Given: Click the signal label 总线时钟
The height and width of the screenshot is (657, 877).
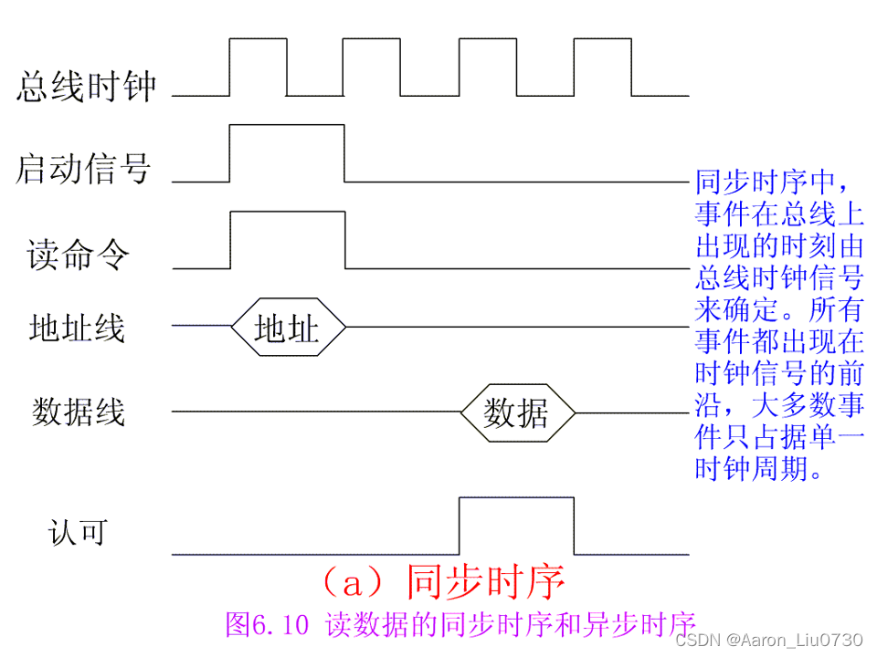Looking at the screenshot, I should tap(87, 88).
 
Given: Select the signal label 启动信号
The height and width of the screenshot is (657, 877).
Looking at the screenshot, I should tap(83, 170).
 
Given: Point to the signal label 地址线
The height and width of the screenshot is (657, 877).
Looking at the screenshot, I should tap(77, 328).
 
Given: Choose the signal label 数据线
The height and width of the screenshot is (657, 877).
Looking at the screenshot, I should tap(78, 412).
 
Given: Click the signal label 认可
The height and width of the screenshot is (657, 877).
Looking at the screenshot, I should tap(77, 532).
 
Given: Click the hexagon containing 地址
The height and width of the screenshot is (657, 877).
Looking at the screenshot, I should tap(288, 328).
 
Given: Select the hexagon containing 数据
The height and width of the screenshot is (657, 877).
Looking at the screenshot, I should tap(517, 413).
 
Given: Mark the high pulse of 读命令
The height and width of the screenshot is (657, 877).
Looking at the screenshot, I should tap(288, 240).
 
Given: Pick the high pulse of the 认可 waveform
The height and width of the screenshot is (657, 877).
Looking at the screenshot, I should tap(516, 525).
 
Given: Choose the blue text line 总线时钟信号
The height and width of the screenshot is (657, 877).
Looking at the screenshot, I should tap(779, 277).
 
